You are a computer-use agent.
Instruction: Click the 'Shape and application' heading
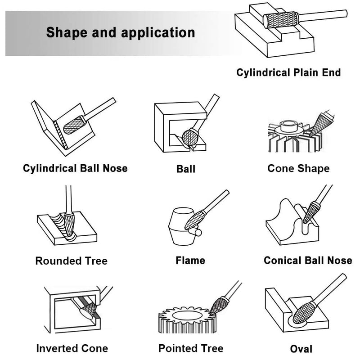(121, 32)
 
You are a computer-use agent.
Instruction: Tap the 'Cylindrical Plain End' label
(288, 72)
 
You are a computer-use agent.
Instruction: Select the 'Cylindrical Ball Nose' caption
(75, 168)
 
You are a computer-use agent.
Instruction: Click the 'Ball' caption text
(186, 169)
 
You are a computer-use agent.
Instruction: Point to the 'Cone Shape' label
(298, 168)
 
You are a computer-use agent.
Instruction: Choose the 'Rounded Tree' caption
(72, 261)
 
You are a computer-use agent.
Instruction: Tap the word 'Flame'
(190, 261)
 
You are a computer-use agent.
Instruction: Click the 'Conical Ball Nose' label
(308, 261)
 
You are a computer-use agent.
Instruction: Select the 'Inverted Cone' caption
(72, 348)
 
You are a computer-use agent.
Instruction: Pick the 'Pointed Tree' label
(191, 348)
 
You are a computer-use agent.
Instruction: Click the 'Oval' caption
(301, 349)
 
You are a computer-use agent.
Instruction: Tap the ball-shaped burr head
(190, 138)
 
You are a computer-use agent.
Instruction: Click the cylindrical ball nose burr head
(74, 125)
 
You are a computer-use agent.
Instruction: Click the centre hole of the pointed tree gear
(187, 316)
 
